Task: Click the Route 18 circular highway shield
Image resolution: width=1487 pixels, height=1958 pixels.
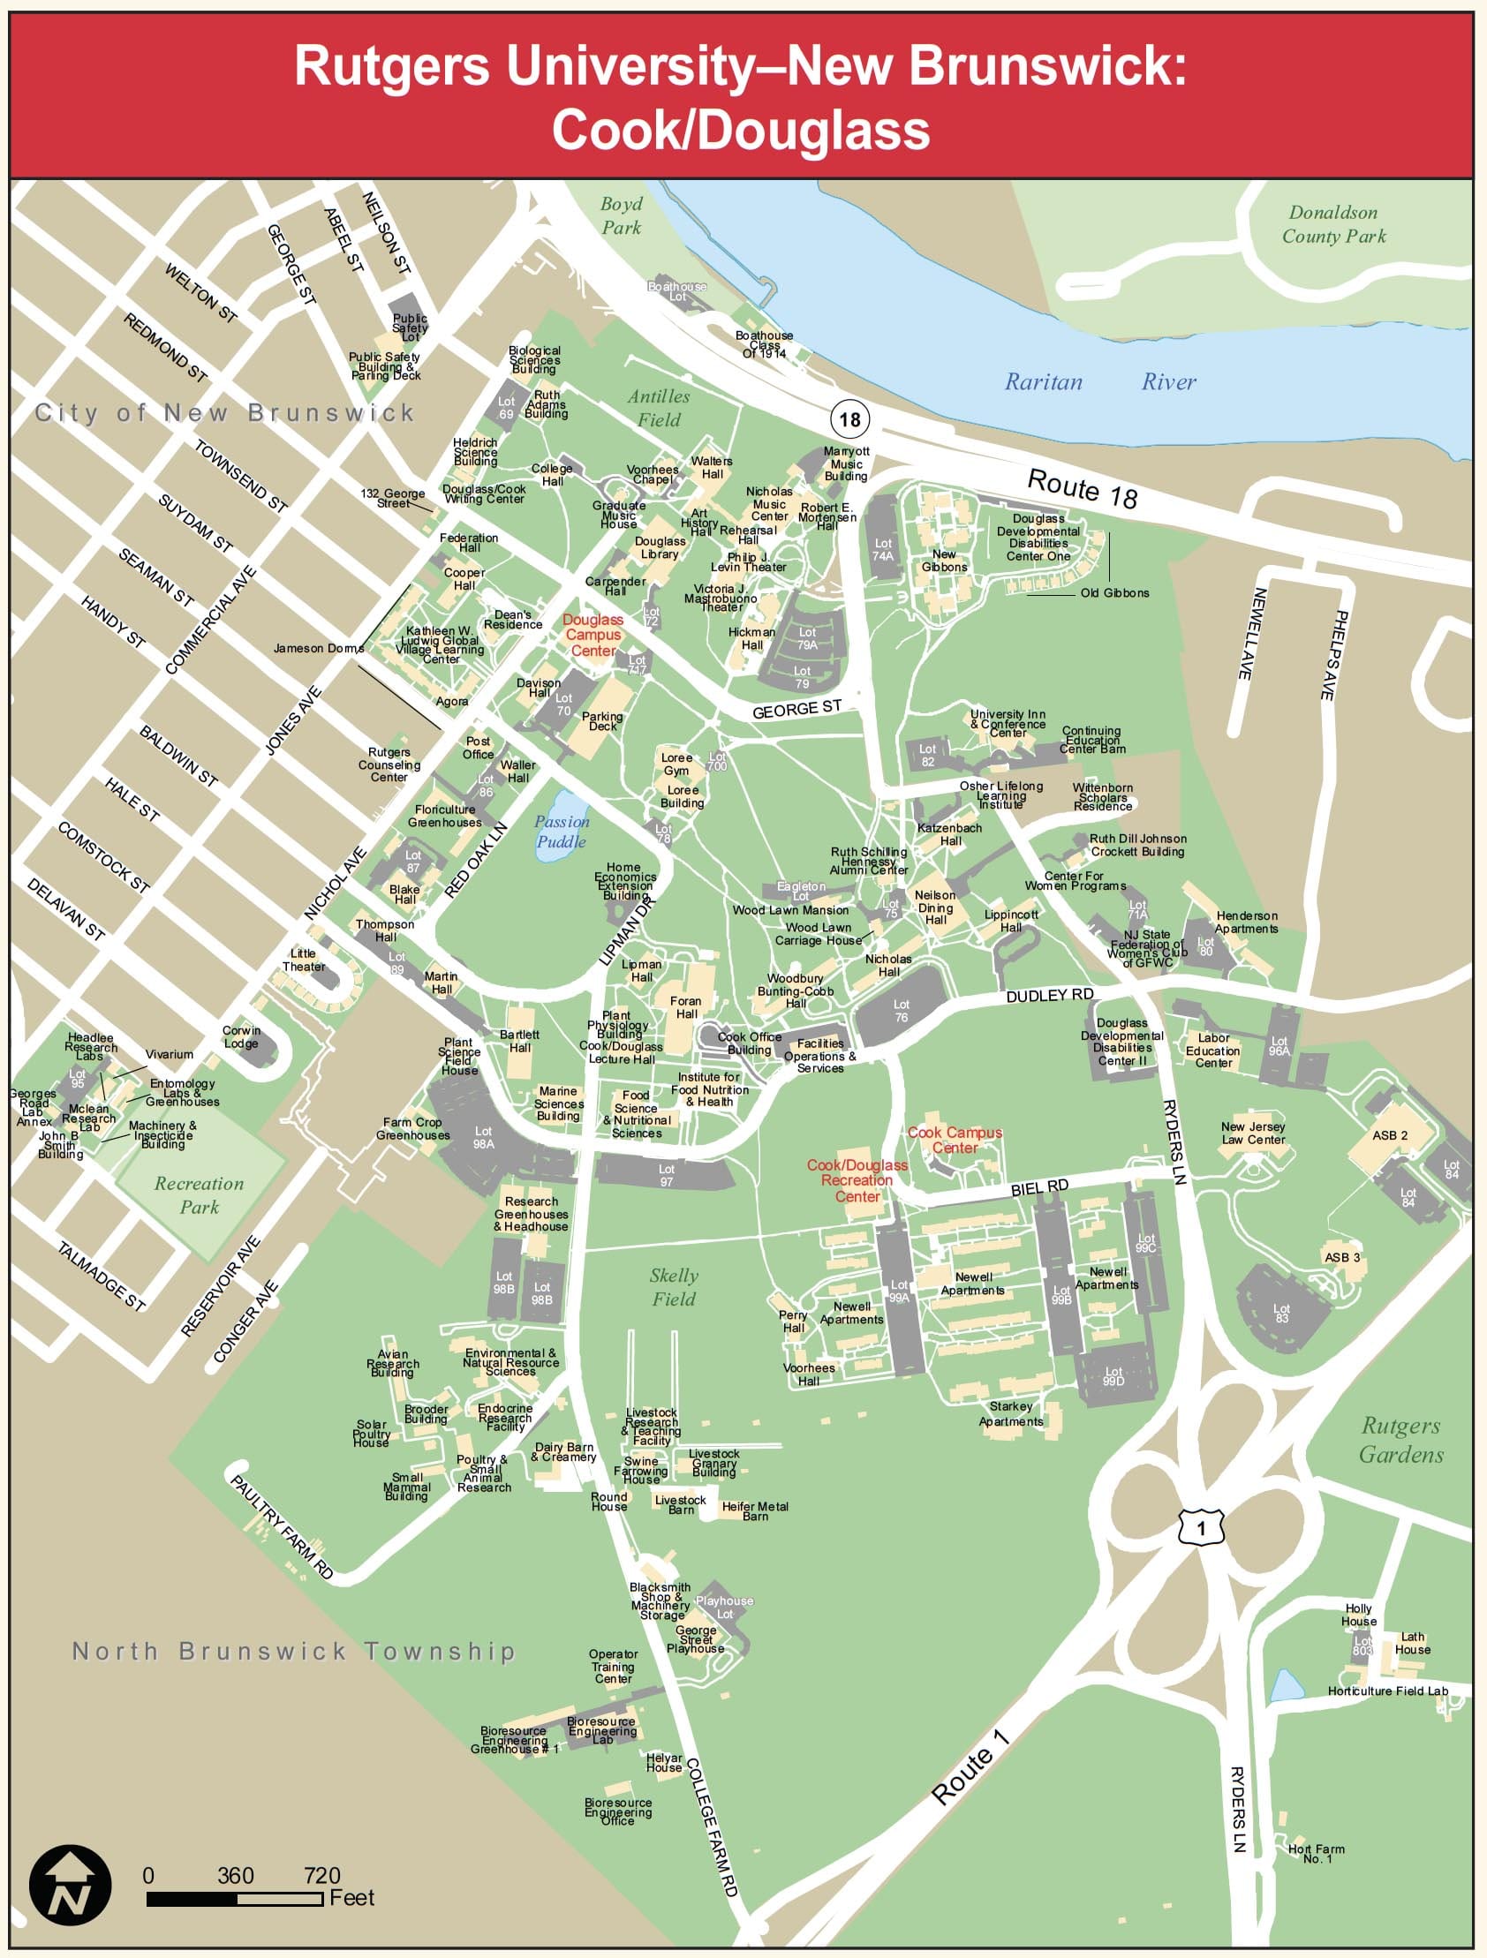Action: (849, 418)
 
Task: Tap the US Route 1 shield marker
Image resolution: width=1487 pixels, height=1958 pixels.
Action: (1201, 1528)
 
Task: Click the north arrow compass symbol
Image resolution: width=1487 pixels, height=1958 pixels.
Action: (70, 1886)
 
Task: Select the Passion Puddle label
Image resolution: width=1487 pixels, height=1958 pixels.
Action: (562, 832)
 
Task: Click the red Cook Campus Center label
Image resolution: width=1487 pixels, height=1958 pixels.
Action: (955, 1140)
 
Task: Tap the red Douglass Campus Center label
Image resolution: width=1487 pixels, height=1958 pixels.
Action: (593, 636)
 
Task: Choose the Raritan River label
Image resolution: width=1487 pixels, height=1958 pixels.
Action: (1099, 381)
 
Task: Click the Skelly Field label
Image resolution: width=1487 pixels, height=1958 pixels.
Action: (674, 1287)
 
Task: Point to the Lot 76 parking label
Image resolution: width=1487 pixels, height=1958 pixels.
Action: (901, 1011)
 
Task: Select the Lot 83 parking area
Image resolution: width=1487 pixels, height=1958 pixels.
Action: (1280, 1314)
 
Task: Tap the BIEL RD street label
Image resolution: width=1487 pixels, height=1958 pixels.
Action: (1039, 1187)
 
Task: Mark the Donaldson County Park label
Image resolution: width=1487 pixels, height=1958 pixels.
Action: (1332, 224)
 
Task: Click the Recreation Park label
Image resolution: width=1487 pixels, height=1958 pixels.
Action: (200, 1195)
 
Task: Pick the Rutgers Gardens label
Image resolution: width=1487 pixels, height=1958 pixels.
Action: (1400, 1440)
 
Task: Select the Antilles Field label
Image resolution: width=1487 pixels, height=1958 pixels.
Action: (658, 408)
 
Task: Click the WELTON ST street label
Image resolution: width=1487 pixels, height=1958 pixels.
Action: (201, 292)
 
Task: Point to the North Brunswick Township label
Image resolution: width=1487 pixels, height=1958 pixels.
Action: (293, 1652)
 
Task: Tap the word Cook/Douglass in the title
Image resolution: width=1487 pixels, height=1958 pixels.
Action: (740, 130)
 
